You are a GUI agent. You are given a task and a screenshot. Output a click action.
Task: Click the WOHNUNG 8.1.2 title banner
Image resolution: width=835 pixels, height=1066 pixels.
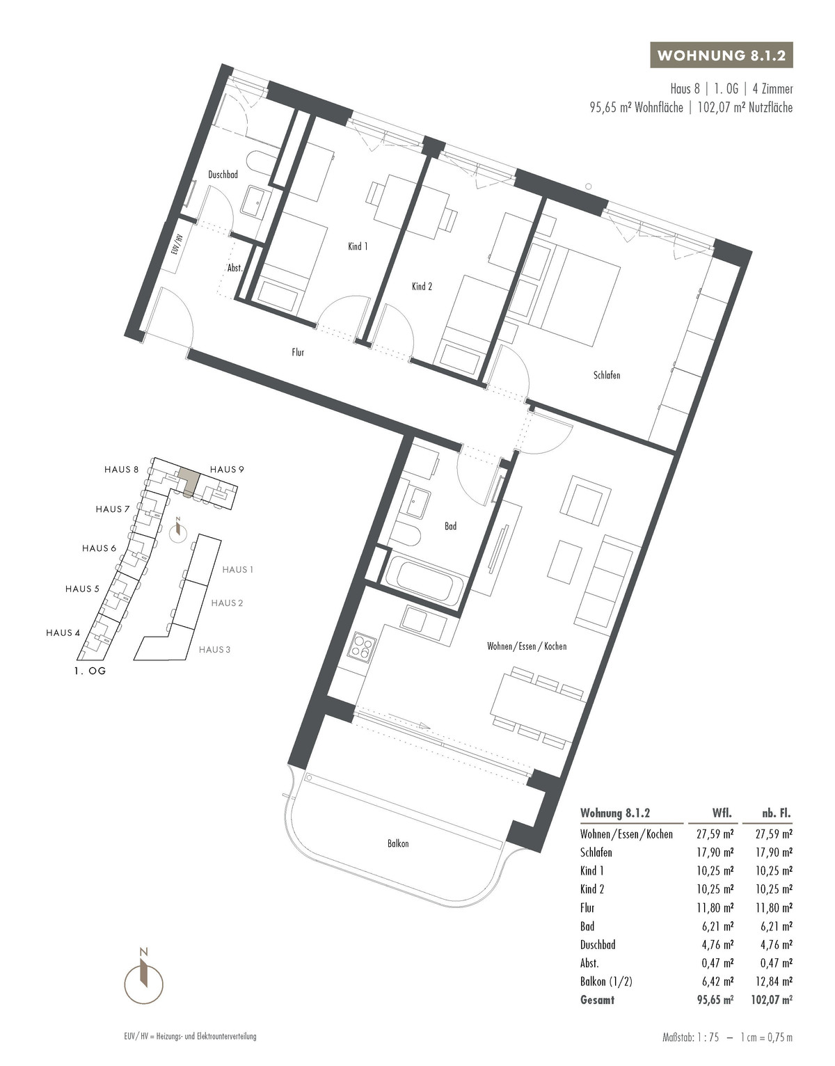click(x=721, y=56)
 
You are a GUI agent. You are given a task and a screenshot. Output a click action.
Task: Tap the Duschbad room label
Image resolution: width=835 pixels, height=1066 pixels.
click(x=223, y=175)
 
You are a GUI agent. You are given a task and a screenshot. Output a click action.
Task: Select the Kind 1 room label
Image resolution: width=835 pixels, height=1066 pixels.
click(x=358, y=246)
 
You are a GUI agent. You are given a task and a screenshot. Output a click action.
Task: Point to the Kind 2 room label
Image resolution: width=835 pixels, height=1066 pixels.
click(x=422, y=287)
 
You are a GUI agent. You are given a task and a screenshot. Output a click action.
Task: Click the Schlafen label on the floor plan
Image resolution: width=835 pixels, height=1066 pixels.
click(x=607, y=375)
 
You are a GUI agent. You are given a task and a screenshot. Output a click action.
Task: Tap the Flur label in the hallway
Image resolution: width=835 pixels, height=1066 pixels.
click(x=298, y=352)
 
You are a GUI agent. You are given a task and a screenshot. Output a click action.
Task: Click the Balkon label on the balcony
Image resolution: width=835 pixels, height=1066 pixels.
click(x=398, y=844)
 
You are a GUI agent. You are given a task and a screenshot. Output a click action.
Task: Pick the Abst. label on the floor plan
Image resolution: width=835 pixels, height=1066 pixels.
click(x=235, y=268)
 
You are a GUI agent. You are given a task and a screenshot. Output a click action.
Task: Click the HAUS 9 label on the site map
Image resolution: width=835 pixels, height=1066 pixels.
click(x=227, y=470)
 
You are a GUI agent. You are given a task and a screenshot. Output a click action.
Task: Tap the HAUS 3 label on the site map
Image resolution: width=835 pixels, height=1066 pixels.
click(x=214, y=650)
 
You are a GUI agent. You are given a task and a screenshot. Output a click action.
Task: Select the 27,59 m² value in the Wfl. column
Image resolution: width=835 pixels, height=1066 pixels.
click(x=715, y=834)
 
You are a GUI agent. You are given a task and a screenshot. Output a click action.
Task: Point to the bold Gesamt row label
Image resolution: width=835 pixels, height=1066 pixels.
click(x=597, y=1000)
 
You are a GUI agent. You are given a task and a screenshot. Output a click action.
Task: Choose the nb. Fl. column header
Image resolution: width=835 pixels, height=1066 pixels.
click(x=777, y=813)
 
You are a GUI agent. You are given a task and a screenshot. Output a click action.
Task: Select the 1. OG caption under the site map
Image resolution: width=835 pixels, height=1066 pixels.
click(x=90, y=671)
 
